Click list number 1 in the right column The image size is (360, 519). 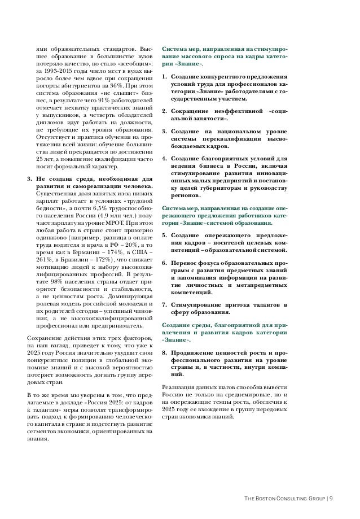point(164,76)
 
